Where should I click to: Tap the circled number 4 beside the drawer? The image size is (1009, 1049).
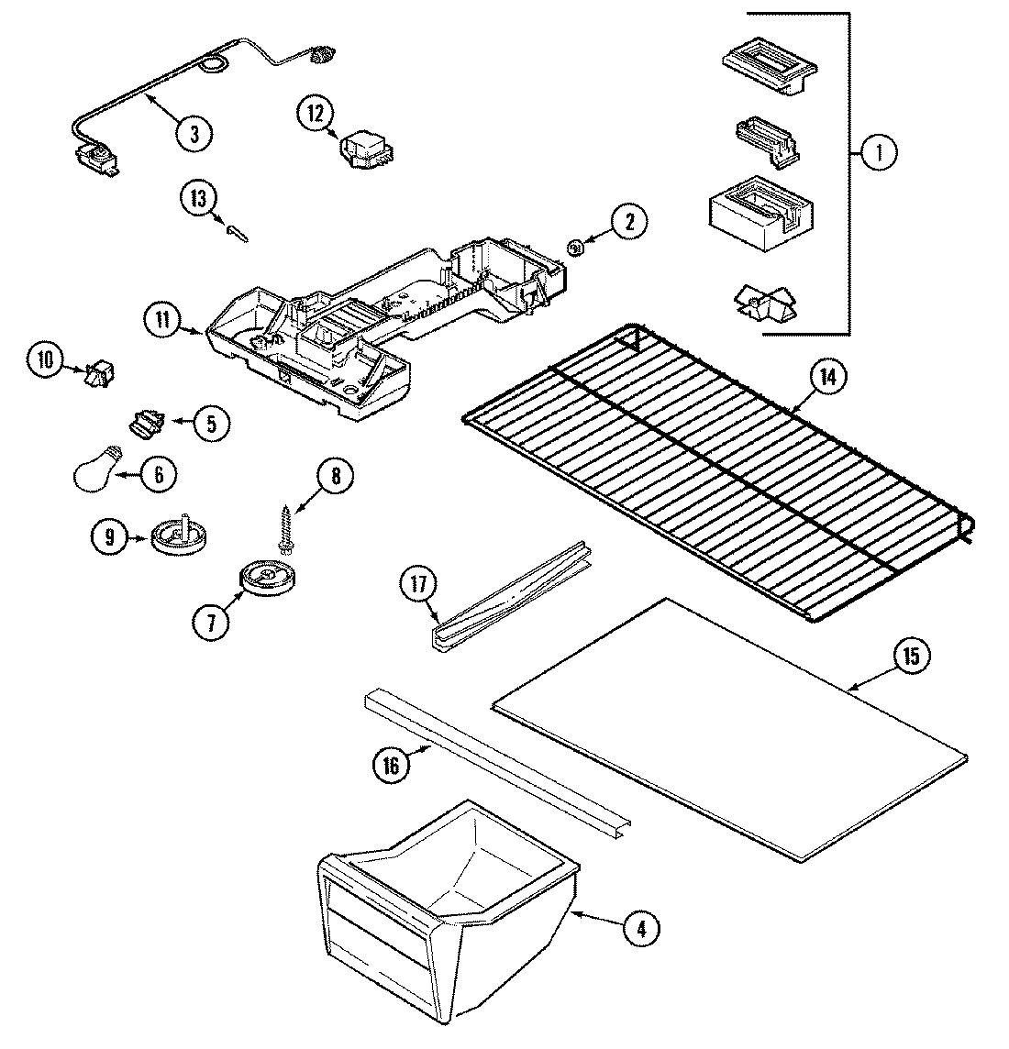coord(641,929)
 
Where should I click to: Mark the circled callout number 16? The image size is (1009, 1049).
coord(392,765)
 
